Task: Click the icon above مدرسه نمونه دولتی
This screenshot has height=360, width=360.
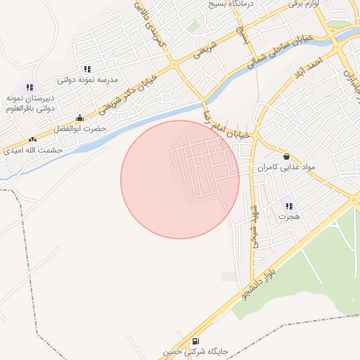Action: click(87, 69)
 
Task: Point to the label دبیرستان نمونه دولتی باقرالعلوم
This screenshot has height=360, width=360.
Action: click(30, 103)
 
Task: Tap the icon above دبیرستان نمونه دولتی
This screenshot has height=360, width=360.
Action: click(30, 87)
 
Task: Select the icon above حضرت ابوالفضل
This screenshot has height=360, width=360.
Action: click(79, 118)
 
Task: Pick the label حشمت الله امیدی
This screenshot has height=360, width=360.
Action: click(32, 150)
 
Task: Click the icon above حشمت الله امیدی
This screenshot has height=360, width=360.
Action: click(32, 139)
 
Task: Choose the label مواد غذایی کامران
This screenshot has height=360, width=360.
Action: click(285, 167)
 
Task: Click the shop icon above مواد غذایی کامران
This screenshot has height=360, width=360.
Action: click(286, 156)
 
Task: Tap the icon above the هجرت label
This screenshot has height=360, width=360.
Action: click(288, 206)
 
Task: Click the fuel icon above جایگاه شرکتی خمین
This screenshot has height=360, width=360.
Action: click(195, 341)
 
